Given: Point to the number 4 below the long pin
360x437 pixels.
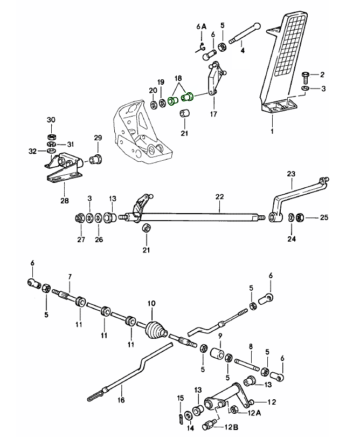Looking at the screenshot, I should tap(243, 51).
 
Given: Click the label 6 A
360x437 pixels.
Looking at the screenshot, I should tap(201, 26).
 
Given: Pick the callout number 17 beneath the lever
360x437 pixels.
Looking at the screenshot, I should tap(213, 114).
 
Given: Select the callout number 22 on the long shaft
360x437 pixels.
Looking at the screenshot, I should tap(219, 197).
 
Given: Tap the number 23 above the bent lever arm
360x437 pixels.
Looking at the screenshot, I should tap(291, 174).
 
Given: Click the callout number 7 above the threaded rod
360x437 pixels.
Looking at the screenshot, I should tap(70, 277).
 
